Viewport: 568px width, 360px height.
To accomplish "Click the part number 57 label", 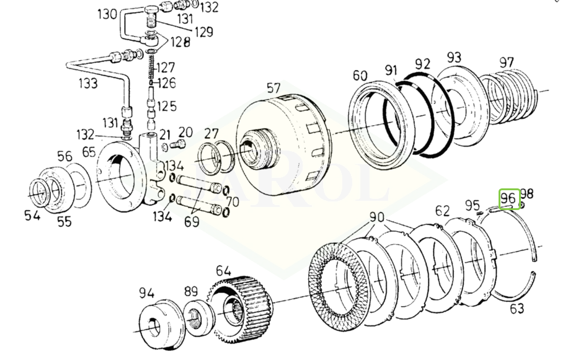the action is pos(273,88).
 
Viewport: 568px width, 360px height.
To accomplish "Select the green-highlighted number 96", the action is pos(509,199).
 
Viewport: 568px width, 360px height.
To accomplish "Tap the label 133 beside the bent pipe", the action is pos(88,84).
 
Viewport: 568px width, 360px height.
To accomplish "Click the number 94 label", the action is pos(147,293).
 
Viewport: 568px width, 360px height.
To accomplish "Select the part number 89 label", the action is pos(190,292).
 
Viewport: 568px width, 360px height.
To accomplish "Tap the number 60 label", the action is pos(360,76).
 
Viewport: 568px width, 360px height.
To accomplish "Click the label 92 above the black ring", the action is pos(422,64).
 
